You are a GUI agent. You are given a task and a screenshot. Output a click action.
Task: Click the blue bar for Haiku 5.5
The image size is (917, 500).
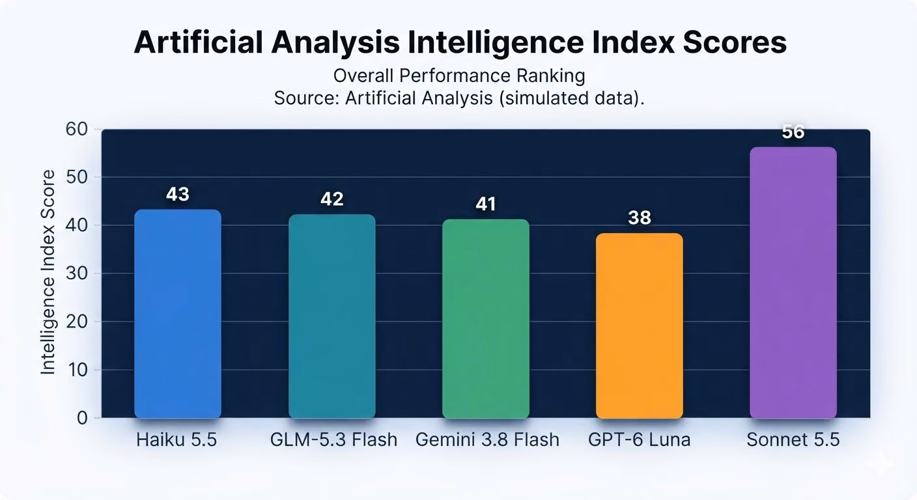[178, 314]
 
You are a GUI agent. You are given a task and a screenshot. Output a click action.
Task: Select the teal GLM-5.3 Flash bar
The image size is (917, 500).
[332, 316]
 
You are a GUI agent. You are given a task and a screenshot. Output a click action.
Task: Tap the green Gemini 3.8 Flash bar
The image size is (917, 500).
[486, 319]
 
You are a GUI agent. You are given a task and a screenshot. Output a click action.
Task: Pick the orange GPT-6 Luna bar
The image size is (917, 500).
[640, 326]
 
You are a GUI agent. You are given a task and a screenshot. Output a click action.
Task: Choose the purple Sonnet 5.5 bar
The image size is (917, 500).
[793, 283]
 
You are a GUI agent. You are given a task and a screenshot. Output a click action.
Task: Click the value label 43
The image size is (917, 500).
[178, 195]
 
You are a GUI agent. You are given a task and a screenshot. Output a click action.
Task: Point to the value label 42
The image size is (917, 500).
[332, 199]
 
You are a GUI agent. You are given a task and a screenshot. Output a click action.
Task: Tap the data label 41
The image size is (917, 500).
[486, 204]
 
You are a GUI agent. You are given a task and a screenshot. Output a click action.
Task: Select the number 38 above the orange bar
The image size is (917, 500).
[640, 218]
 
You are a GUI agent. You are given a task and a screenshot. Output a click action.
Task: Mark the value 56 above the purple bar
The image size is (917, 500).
[793, 132]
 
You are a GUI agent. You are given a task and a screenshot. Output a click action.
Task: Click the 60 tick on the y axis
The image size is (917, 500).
[77, 130]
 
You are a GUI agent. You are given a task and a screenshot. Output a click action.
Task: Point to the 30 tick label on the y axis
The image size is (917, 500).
[77, 273]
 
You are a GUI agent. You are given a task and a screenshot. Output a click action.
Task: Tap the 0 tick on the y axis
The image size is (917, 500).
[82, 418]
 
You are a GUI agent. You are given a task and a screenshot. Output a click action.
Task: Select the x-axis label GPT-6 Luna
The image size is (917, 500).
[640, 440]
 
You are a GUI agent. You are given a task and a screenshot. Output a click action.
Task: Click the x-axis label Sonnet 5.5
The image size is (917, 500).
[793, 440]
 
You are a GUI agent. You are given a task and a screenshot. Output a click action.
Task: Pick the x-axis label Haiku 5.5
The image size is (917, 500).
[176, 440]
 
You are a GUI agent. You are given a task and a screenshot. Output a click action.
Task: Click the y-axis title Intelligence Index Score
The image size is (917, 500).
[48, 272]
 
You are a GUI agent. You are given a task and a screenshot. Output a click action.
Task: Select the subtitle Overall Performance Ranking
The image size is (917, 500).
[459, 76]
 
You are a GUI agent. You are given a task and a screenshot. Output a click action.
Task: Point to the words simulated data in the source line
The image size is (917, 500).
[567, 98]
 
